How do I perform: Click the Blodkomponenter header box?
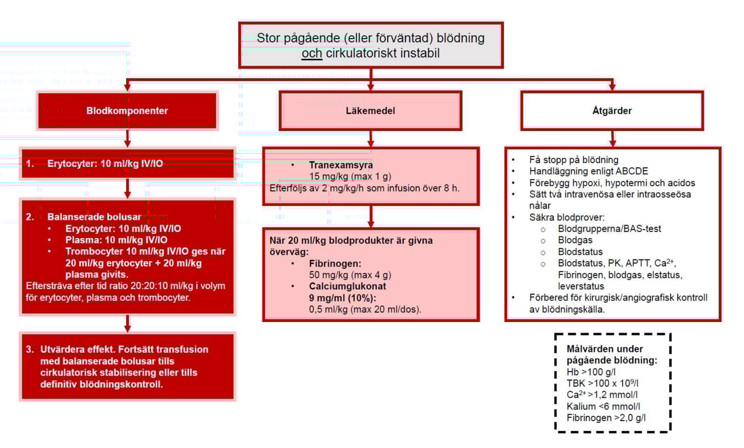[127, 111]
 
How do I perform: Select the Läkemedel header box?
[371, 111]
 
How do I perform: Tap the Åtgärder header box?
[612, 111]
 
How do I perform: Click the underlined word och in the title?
[312, 53]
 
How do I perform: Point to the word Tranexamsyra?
[341, 164]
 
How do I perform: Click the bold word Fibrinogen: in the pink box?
[335, 263]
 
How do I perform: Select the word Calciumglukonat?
[347, 286]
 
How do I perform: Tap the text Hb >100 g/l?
[591, 372]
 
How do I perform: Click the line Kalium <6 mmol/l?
[603, 406]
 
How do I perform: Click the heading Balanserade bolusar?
[94, 217]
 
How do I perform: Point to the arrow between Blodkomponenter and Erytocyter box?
[127, 138]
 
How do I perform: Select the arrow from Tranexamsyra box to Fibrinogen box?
[371, 216]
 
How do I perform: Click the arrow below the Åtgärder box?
[613, 138]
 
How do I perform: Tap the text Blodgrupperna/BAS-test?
[609, 229]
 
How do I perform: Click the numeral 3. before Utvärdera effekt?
[30, 349]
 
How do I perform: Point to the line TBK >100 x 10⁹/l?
[603, 383]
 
